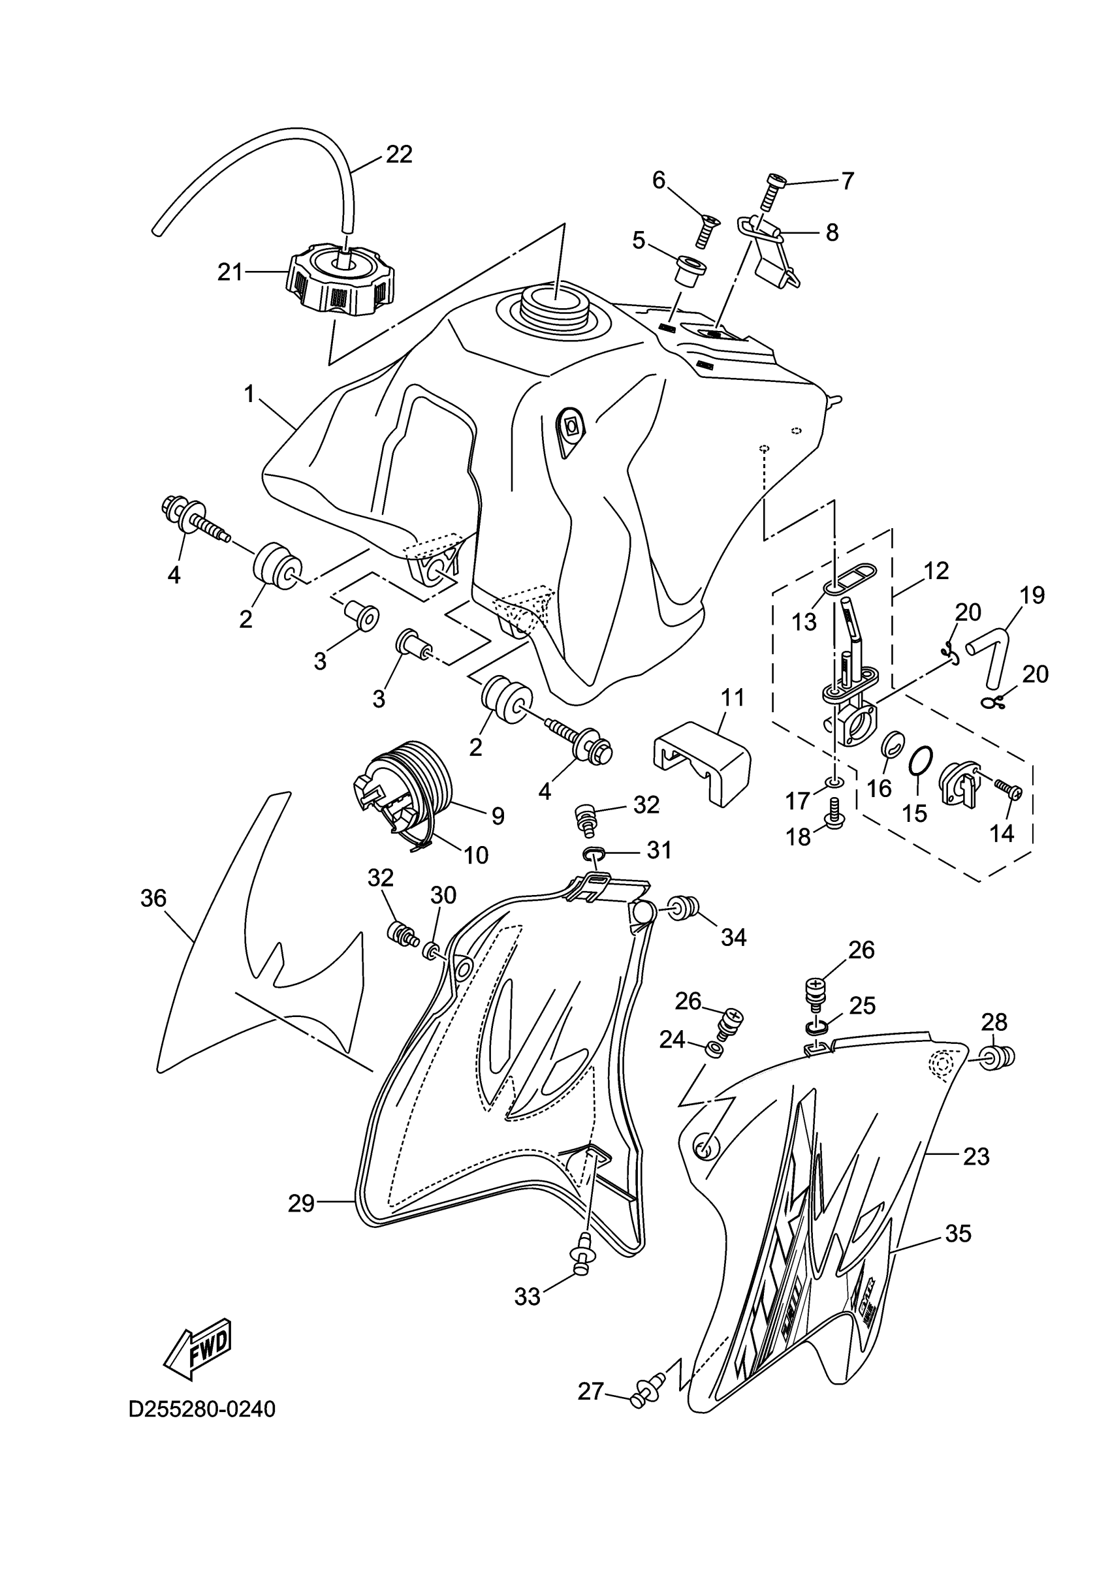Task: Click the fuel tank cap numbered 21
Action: coord(340,282)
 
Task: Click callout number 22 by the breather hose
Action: coord(399,155)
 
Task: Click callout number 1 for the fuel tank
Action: coord(249,394)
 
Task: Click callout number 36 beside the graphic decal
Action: coord(153,898)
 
